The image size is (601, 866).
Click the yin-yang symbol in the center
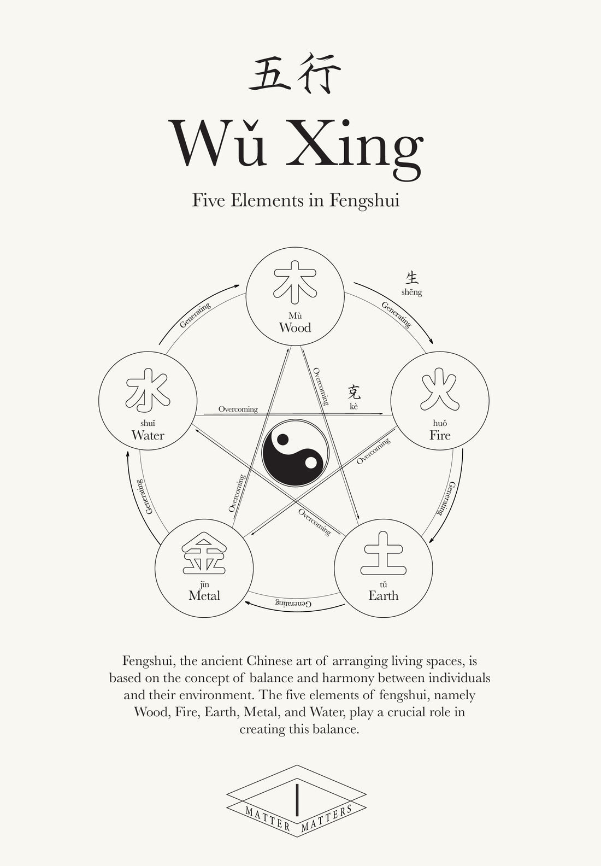[295, 452]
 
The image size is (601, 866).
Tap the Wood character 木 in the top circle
[295, 282]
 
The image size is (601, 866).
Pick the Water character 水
[148, 389]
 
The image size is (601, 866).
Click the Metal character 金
[204, 554]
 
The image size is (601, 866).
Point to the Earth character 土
[383, 553]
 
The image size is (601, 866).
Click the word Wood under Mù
[295, 328]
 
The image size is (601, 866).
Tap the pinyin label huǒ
[440, 423]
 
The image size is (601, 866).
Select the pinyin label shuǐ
[148, 423]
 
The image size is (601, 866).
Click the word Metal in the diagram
[204, 596]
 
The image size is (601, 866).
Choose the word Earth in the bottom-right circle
[383, 596]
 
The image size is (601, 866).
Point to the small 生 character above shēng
[412, 277]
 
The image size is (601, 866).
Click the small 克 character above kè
[354, 392]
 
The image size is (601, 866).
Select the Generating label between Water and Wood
[195, 315]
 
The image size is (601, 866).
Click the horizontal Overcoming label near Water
[238, 409]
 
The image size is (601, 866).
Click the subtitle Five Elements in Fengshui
[296, 201]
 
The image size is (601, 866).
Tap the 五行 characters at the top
[295, 73]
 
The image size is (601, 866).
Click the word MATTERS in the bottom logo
[327, 818]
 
